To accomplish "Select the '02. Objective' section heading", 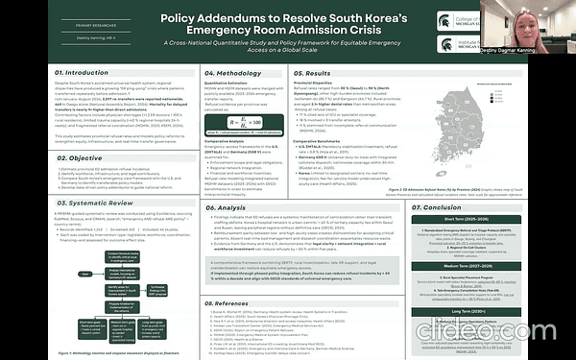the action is click(40, 157).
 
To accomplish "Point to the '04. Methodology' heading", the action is click(235, 72).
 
